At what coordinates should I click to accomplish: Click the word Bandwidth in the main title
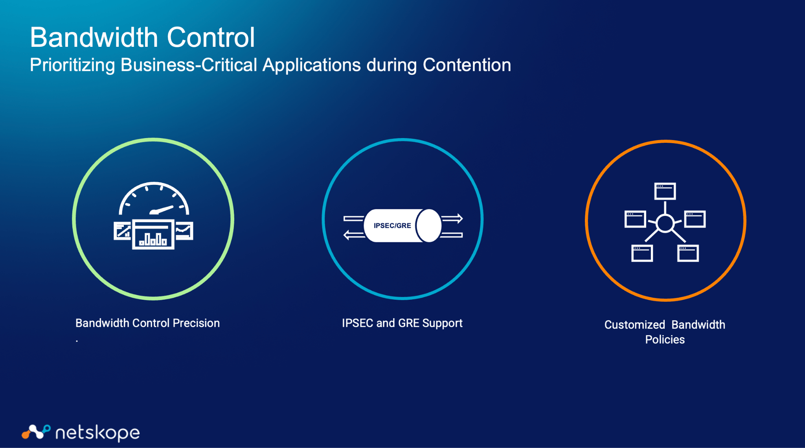(94, 38)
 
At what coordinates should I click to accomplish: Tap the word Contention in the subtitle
(467, 65)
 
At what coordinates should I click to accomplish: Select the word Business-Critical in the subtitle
(189, 65)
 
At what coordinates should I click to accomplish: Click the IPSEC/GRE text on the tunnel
(392, 225)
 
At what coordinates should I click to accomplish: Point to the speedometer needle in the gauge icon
(162, 210)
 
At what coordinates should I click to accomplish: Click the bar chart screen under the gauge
(153, 234)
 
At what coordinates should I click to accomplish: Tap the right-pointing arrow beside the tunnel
(452, 218)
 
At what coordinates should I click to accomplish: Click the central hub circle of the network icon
(665, 223)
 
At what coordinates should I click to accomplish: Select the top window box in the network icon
(665, 191)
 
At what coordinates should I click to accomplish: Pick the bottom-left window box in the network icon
(642, 253)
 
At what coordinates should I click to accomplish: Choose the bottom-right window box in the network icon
(688, 253)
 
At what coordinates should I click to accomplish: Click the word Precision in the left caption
(196, 323)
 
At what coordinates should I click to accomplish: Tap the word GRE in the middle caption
(408, 323)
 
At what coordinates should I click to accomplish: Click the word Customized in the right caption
(634, 325)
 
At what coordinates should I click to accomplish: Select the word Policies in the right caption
(665, 339)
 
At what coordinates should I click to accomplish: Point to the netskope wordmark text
(97, 433)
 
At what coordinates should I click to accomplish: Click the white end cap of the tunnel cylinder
(429, 226)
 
